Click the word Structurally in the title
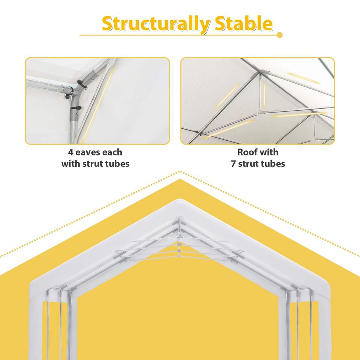pyautogui.click(x=156, y=24)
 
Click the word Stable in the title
pyautogui.click(x=244, y=23)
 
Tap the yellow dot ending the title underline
pyautogui.click(x=279, y=35)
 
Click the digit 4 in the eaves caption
pyautogui.click(x=70, y=153)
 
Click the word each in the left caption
pyautogui.click(x=112, y=152)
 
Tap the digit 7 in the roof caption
pyautogui.click(x=233, y=164)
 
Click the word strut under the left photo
pyautogui.click(x=93, y=164)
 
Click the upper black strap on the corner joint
pyautogui.click(x=81, y=84)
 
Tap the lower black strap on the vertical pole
pyautogui.click(x=76, y=108)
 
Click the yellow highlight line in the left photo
pyautogui.click(x=98, y=105)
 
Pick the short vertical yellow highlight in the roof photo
pyautogui.click(x=264, y=94)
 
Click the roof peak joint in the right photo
pyautogui.click(x=260, y=72)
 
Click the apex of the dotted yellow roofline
pyautogui.click(x=180, y=172)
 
